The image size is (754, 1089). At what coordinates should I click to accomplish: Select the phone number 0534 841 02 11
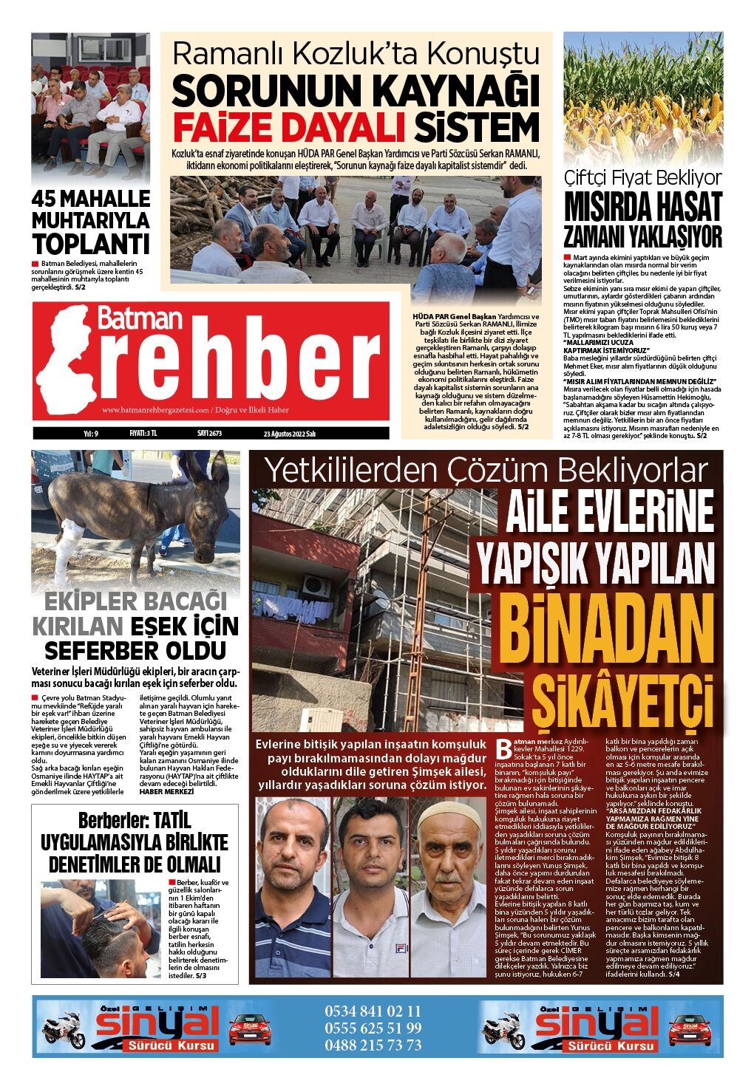click(x=373, y=1011)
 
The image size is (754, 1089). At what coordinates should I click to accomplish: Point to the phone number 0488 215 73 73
click(x=373, y=1045)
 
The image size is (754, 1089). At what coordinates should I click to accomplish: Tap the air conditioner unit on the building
click(x=317, y=585)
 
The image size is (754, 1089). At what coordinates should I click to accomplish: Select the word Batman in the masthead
click(x=140, y=318)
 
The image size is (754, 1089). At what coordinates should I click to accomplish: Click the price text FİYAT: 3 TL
click(x=143, y=434)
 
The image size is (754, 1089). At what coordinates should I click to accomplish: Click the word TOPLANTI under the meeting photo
click(x=90, y=243)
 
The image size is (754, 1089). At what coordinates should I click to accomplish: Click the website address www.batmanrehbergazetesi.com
click(x=155, y=410)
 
